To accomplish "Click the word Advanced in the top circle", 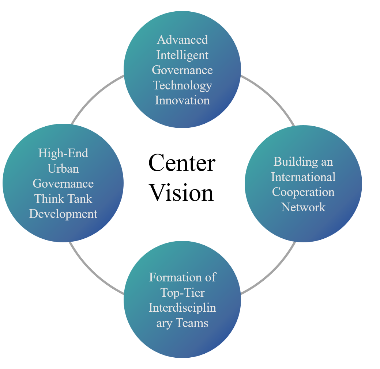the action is pos(183,40).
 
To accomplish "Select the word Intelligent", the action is pos(182,55).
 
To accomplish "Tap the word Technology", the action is pos(182,86).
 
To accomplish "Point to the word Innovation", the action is pos(182,100).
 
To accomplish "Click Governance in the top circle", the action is pos(182,70).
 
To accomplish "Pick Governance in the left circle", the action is pos(63,184).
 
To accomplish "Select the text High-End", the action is pos(63,153).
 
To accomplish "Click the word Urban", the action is pos(63,169).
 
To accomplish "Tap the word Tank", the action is pos(80,199).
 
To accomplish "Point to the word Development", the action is pos(63,214).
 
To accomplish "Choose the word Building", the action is pos(296,162).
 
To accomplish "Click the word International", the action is pos(303,177).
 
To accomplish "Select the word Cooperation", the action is pos(303,192).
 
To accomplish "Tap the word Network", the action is pos(303,207).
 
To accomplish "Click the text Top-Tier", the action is pos(182,293).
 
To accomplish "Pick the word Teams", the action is pos(192,323).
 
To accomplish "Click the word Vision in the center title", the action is pos(182,193).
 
